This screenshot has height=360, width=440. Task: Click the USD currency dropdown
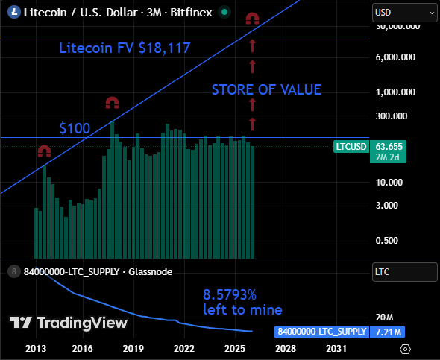point(404,12)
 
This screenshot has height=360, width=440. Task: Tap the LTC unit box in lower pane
point(404,273)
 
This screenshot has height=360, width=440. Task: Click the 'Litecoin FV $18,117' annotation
point(125,48)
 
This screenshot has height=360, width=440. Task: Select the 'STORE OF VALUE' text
point(266,90)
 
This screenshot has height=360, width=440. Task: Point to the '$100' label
point(75,129)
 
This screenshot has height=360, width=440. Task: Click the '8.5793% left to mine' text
point(242,301)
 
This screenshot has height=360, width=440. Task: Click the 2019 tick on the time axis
point(133,348)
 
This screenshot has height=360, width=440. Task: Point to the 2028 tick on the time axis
point(285,348)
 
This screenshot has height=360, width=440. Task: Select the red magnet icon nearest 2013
point(44,151)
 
